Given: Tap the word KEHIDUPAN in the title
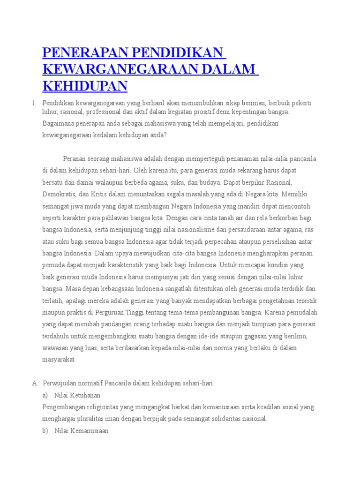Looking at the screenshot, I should [85, 86].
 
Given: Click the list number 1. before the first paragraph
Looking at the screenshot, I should [34, 103].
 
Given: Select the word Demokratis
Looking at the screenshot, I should [59, 194].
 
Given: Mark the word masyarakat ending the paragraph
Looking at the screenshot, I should [59, 360].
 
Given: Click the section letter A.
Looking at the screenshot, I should [35, 383].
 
